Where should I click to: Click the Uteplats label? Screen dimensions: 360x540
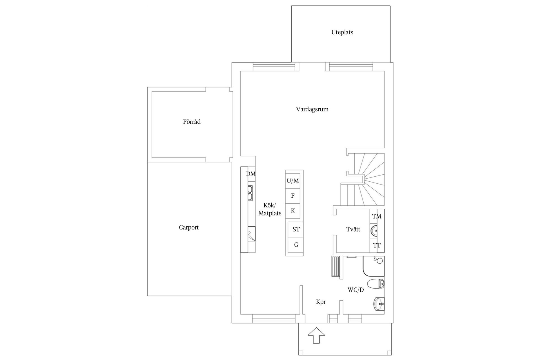[x=342, y=32]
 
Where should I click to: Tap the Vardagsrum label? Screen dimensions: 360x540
[x=312, y=109]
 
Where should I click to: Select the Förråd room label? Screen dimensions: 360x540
[x=192, y=122]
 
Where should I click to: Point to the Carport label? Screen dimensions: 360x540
[x=189, y=228]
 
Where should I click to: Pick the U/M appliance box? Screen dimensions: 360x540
[x=293, y=181]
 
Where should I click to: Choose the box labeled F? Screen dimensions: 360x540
[x=293, y=196]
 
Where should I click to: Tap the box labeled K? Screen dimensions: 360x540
[x=293, y=211]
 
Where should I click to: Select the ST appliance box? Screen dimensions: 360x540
[x=296, y=229]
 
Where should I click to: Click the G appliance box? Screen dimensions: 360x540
[x=296, y=245]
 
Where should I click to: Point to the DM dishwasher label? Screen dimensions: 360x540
[x=251, y=174]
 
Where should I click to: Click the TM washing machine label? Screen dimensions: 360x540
[x=377, y=216]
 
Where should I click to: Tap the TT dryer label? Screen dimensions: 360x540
[x=377, y=245]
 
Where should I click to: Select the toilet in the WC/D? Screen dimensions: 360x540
[x=376, y=284]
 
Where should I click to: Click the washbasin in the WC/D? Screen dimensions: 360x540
[x=379, y=304]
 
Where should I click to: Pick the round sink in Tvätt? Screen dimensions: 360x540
[x=374, y=231]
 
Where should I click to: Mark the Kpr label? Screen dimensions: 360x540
[x=321, y=302]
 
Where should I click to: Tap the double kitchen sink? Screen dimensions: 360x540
[x=53, y=193]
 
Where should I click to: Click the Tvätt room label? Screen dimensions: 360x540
[x=353, y=229]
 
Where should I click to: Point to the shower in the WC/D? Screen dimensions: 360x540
[x=373, y=266]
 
